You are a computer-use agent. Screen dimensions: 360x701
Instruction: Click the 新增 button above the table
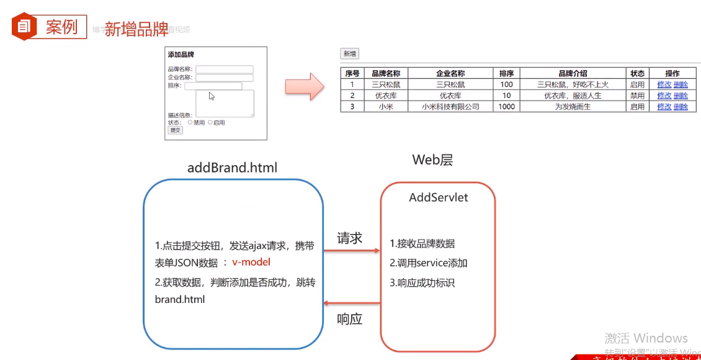pos(349,54)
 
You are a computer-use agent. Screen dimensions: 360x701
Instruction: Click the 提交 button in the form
pos(176,130)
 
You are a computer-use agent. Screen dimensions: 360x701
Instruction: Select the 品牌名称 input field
pos(225,70)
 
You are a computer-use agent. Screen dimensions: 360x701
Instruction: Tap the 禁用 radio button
pos(190,122)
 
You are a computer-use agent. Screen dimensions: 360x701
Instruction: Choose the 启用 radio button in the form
pos(210,122)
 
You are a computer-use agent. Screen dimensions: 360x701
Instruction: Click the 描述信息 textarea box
pos(225,103)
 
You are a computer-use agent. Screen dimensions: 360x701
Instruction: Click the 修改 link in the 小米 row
pos(664,107)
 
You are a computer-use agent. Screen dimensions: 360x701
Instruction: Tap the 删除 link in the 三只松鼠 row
pos(681,84)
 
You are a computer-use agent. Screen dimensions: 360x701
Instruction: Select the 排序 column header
pos(506,73)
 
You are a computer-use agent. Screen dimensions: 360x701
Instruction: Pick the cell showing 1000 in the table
pos(506,107)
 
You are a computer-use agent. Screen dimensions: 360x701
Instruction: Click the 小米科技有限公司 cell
pos(450,107)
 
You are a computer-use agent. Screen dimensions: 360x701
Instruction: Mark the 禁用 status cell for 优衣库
pos(637,96)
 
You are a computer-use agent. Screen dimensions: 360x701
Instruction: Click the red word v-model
pos(251,262)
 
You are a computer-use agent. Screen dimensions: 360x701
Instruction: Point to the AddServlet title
pos(439,197)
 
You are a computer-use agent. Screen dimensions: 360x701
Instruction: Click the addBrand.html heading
pos(232,168)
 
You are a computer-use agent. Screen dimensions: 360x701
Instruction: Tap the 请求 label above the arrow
pos(349,238)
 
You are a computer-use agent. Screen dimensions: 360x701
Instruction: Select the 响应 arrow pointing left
pos(352,304)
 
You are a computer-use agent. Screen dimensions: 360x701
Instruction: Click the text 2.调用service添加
pos(429,263)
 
